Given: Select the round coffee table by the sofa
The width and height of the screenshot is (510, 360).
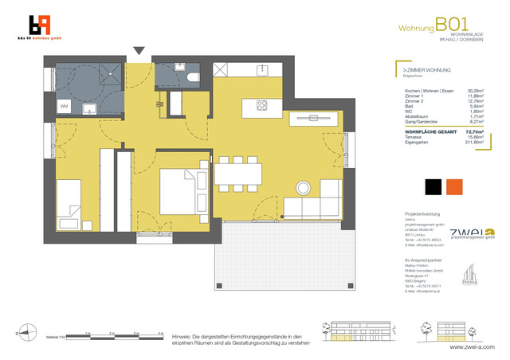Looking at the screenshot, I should (x=305, y=188).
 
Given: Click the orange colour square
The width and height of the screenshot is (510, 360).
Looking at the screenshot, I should (x=455, y=186).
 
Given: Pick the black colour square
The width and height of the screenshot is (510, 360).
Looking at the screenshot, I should (x=433, y=186).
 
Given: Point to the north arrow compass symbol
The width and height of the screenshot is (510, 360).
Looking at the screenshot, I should (x=26, y=333).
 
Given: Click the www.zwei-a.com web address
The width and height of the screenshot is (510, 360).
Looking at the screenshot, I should (x=472, y=348).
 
